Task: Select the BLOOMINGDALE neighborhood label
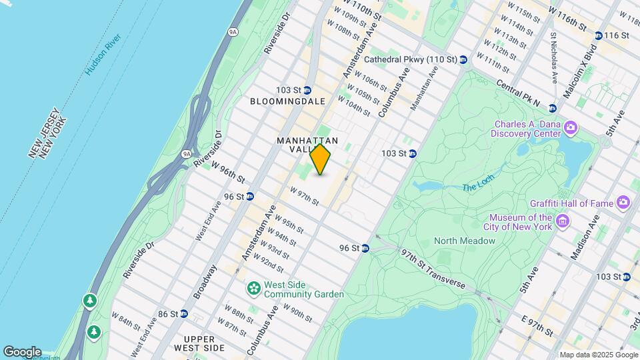[x=288, y=101]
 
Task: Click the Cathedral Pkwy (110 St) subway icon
[x=463, y=60]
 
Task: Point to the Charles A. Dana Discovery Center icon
[x=570, y=127]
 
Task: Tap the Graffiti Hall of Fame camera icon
[x=623, y=202]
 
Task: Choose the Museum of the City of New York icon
[x=562, y=221]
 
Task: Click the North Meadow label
[x=462, y=241]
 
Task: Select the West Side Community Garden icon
[x=253, y=289]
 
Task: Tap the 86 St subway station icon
[x=183, y=313]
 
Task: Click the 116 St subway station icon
[x=598, y=35]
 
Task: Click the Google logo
[x=22, y=352]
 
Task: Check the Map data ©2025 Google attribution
[x=597, y=355]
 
